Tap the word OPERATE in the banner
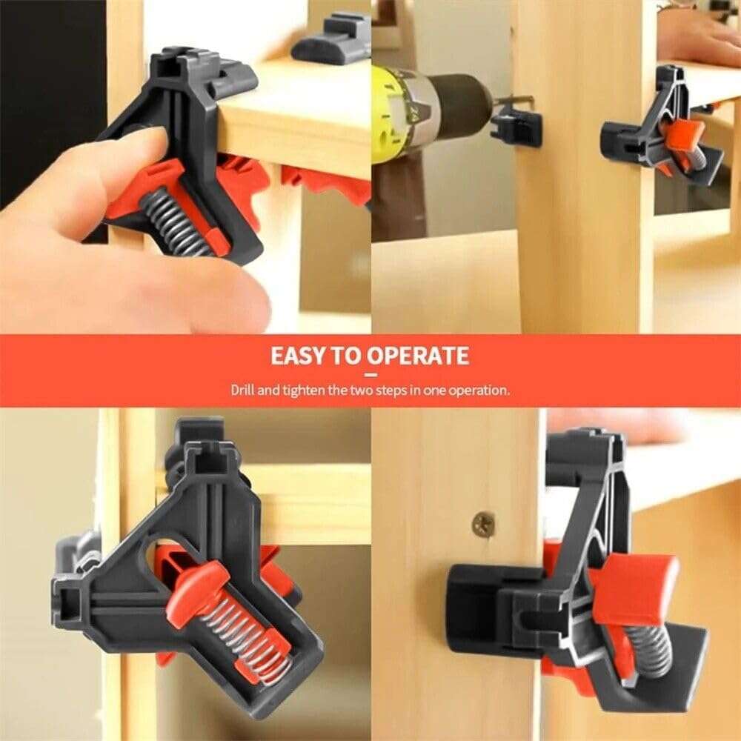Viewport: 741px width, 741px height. click(418, 356)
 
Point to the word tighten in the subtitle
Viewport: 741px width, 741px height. click(302, 389)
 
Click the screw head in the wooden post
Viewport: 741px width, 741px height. click(484, 524)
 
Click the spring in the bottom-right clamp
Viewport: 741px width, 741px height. click(652, 648)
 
